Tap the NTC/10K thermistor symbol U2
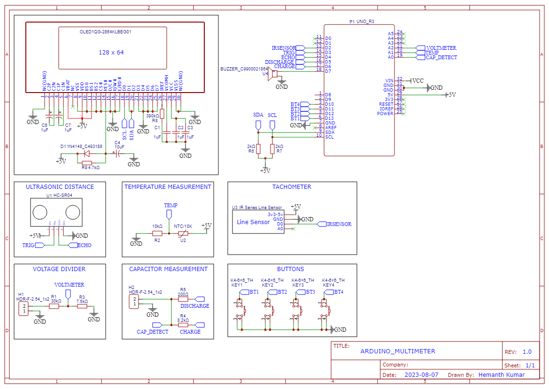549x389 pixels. coord(183,233)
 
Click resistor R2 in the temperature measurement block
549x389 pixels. coord(157,233)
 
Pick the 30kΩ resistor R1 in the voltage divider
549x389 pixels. coord(54,306)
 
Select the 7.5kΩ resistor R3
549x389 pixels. coord(82,306)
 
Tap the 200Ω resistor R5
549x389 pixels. coord(183,299)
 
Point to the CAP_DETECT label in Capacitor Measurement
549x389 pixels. coord(152,331)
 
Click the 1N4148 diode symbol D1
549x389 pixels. coord(86,153)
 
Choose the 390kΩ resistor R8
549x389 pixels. coord(162,115)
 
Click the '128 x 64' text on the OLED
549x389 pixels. coord(111,52)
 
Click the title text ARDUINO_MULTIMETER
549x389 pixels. coord(398,351)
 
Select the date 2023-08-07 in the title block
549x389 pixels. coord(421,374)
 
